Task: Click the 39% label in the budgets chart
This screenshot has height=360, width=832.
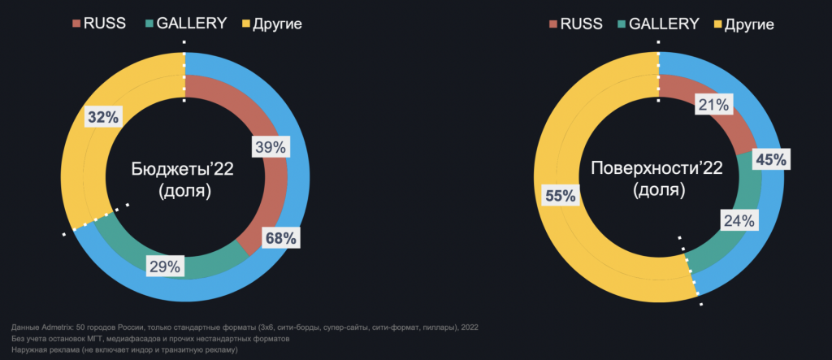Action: point(271,147)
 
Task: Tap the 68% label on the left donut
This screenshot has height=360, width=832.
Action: point(280,238)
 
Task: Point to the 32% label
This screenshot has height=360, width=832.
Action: point(103,117)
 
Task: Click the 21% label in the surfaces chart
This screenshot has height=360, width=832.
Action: point(713,105)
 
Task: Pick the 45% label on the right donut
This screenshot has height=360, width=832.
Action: point(772,159)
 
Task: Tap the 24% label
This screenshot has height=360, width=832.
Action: point(739,220)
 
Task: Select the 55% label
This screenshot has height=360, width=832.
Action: point(561,196)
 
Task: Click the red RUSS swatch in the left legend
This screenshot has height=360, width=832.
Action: point(76,24)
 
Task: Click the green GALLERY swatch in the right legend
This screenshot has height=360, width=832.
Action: point(622,24)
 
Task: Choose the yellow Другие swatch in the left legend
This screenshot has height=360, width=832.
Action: point(245,24)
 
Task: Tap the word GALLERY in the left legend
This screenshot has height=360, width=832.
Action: point(192,24)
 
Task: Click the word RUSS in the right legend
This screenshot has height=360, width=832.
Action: point(582,24)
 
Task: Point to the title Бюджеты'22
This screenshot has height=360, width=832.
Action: point(183,170)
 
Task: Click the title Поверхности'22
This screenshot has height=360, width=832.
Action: point(656,169)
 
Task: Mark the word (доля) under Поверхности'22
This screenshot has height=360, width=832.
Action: point(658,190)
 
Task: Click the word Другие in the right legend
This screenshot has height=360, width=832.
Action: point(748,24)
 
